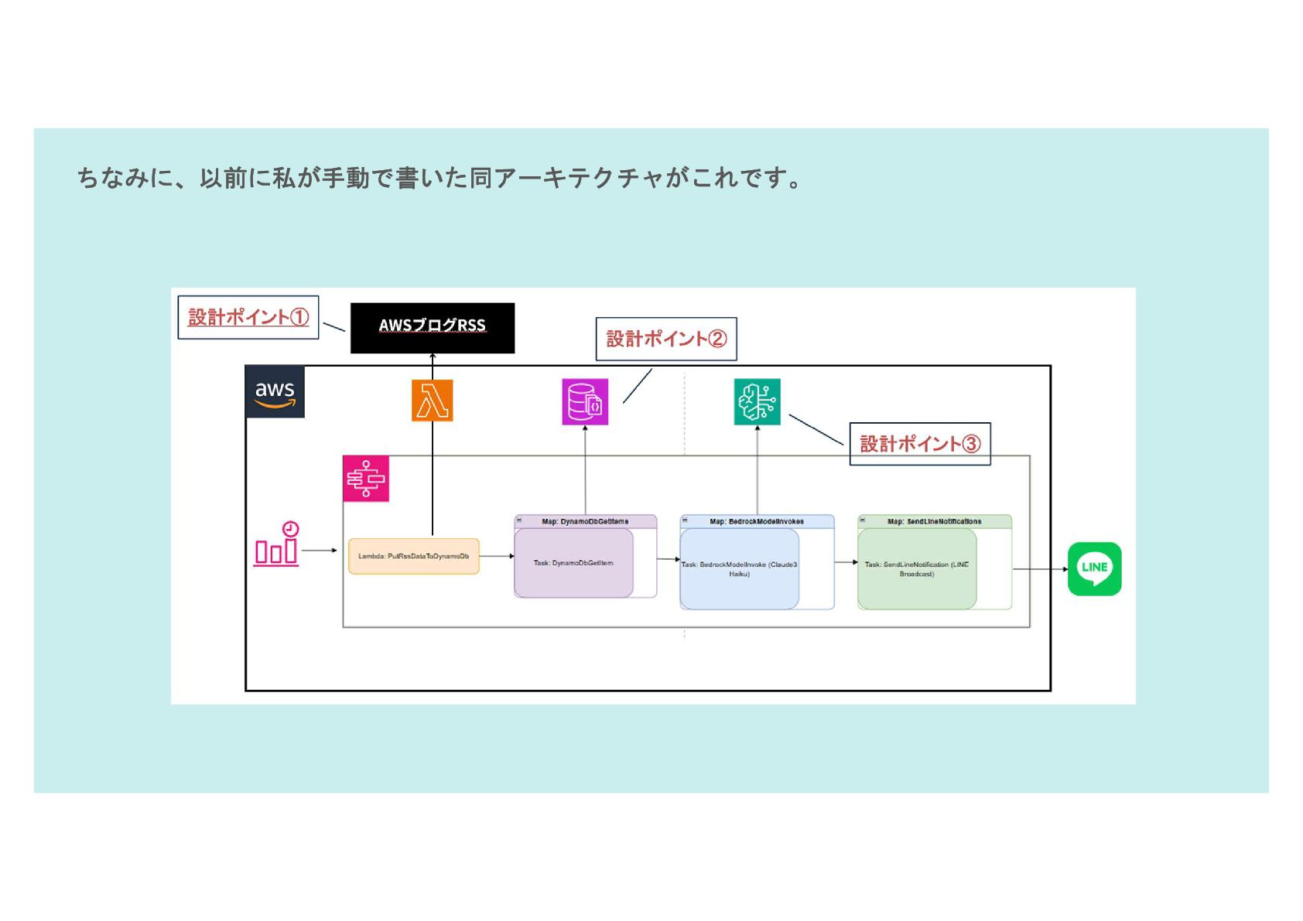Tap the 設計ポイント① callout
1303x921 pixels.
coord(248,317)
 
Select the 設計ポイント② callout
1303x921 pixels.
coord(665,339)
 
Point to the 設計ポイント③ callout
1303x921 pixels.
coord(919,444)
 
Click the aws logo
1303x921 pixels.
coord(275,392)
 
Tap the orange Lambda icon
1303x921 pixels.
coord(432,401)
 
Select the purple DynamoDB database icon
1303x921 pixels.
coord(585,401)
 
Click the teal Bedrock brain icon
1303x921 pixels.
coord(757,401)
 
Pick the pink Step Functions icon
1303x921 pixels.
coord(365,479)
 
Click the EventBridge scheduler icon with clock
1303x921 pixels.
coord(277,544)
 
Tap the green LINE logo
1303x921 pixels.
coord(1094,568)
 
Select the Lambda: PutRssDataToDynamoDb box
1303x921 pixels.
coord(413,556)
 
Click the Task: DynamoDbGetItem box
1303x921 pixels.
coord(573,563)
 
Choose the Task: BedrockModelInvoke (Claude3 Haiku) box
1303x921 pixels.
coord(739,569)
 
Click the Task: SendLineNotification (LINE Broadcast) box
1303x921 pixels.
coord(916,569)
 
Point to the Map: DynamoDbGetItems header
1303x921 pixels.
coord(585,522)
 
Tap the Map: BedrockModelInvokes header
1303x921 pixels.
coord(757,522)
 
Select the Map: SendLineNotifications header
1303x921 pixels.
coord(934,522)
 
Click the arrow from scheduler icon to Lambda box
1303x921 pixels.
coord(319,551)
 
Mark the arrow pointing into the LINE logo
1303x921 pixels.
coord(1040,569)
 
